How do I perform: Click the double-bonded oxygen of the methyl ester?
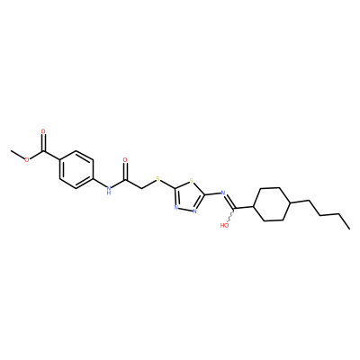click(43, 131)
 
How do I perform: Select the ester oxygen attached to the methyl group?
click(27, 159)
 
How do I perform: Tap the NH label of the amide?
click(109, 190)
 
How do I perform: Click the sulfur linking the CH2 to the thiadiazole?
click(157, 180)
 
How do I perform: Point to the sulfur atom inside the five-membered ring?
click(191, 181)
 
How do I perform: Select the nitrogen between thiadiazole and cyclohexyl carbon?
click(223, 193)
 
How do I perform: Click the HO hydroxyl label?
click(224, 225)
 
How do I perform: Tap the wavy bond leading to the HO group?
click(231, 214)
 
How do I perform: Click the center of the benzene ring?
click(76, 169)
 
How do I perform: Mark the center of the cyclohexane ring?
click(271, 204)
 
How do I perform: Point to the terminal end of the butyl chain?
click(349, 229)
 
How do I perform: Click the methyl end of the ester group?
click(11, 151)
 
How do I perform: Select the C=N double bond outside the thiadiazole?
click(230, 201)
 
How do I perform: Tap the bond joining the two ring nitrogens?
click(185, 209)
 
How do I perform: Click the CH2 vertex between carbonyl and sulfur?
click(141, 188)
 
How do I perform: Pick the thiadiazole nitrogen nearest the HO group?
click(194, 211)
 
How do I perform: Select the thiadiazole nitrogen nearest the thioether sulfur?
click(176, 207)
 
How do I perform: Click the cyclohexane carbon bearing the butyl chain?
click(289, 204)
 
